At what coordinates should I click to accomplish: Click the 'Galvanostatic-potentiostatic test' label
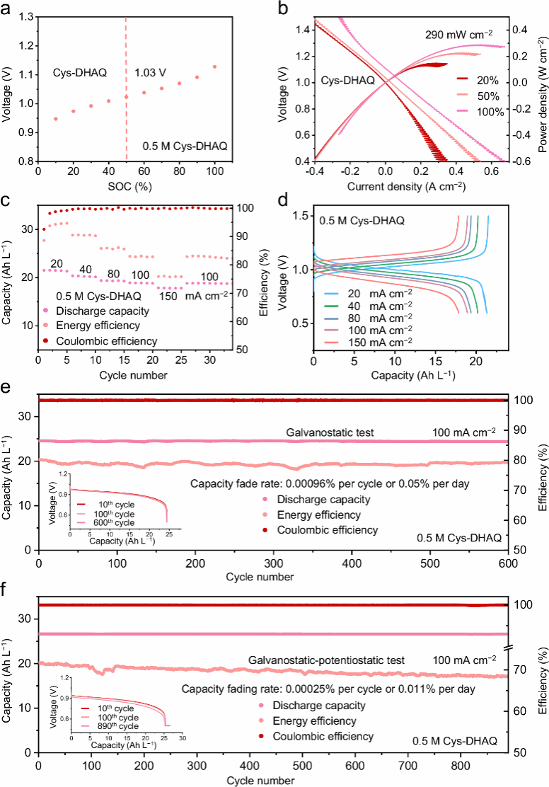click(326, 660)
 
